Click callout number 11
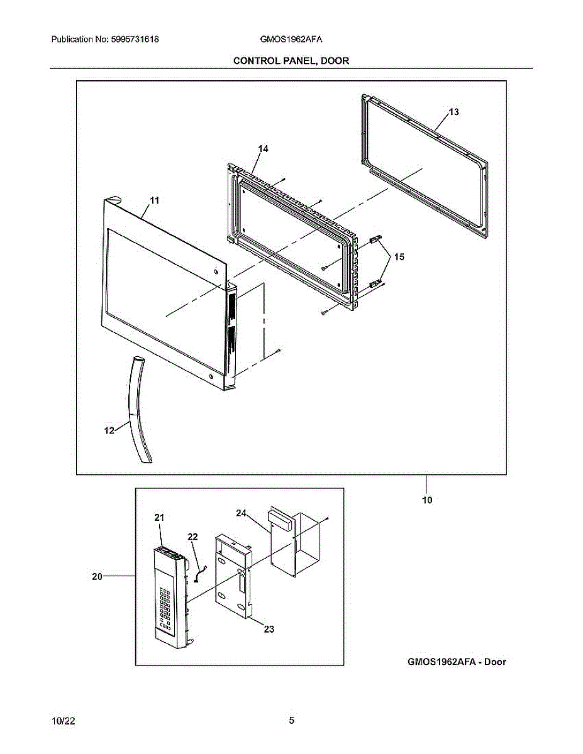(154, 200)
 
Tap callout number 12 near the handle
(109, 430)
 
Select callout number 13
(453, 112)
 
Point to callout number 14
(263, 148)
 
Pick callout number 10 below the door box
(427, 501)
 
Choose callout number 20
(97, 576)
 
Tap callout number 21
(159, 517)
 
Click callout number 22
(192, 537)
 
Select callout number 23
(269, 628)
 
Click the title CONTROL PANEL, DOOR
(291, 60)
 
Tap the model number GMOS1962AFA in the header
(291, 39)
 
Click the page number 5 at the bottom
(291, 721)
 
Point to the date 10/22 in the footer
(64, 721)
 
